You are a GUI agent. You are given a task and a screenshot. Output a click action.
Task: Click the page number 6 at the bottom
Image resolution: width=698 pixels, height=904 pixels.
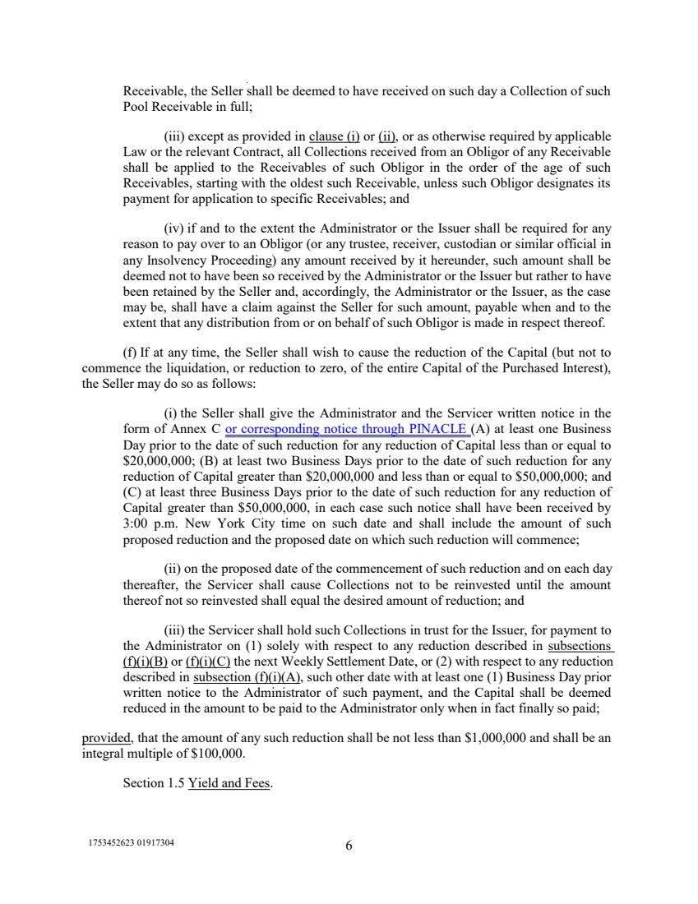click(349, 848)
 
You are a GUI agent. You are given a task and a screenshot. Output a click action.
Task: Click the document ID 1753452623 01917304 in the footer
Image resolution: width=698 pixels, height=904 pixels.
click(131, 844)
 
